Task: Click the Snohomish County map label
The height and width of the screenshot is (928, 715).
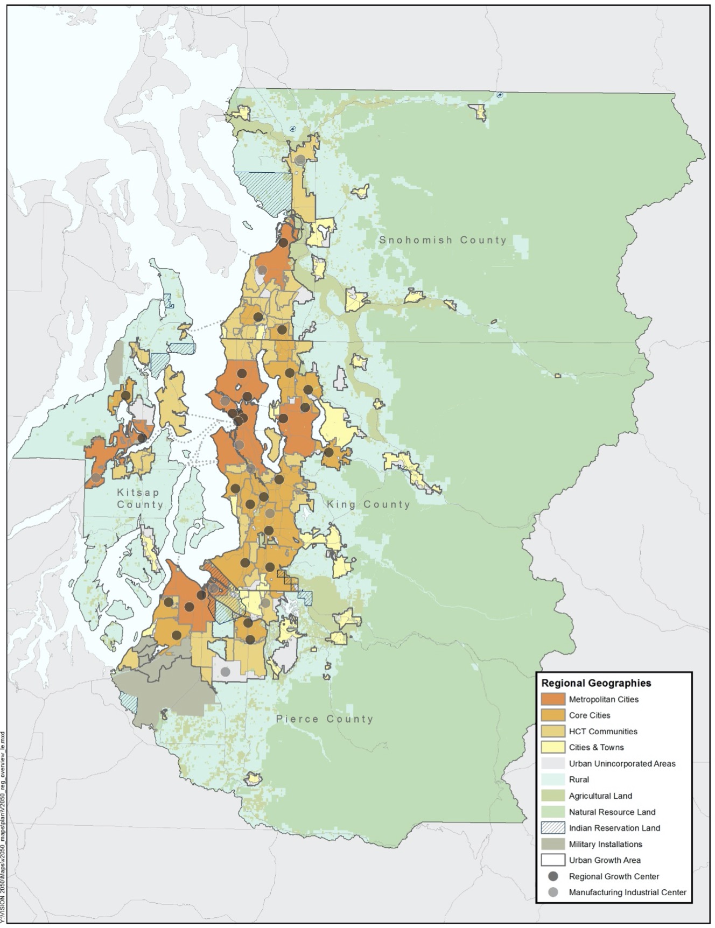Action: click(x=443, y=240)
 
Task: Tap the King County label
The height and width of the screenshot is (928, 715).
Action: click(x=368, y=504)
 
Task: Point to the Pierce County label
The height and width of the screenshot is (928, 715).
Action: click(x=324, y=719)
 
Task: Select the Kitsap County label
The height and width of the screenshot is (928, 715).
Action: click(x=139, y=498)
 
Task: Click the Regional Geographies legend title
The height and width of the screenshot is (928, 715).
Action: click(x=596, y=683)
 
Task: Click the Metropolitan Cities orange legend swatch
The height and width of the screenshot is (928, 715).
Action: click(x=553, y=699)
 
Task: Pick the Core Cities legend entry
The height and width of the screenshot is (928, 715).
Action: click(x=590, y=715)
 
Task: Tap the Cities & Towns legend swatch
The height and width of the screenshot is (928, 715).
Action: click(x=553, y=747)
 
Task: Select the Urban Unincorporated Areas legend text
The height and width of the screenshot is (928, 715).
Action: click(x=622, y=763)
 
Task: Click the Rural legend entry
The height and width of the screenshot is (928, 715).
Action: click(x=579, y=779)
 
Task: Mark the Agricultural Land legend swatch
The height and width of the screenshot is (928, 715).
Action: click(x=553, y=796)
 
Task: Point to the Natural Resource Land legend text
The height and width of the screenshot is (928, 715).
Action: click(x=612, y=812)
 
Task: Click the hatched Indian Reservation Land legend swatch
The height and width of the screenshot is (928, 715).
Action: click(x=553, y=828)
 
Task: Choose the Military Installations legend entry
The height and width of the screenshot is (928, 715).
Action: click(x=605, y=844)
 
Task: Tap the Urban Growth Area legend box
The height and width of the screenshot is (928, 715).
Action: click(x=553, y=860)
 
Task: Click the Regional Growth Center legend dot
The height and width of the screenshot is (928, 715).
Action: click(x=553, y=876)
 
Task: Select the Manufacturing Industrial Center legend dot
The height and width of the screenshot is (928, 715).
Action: click(x=553, y=892)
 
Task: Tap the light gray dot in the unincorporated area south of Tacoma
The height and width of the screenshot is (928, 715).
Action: click(x=226, y=671)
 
